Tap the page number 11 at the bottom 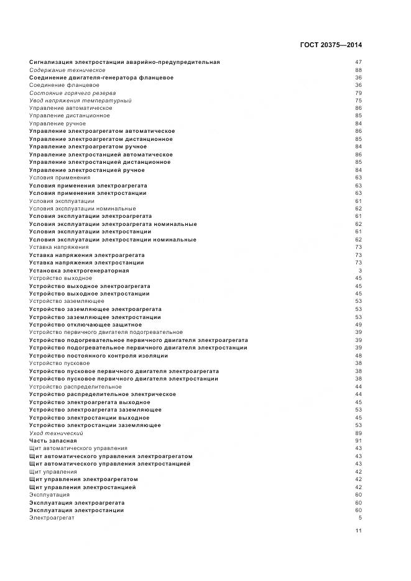[x=358, y=531]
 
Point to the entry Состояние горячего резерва [x=72, y=93]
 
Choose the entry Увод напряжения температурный [x=80, y=101]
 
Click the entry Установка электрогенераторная [x=79, y=271]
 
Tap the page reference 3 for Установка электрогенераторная [x=360, y=271]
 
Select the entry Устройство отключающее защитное [x=85, y=325]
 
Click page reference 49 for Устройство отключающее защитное [x=358, y=325]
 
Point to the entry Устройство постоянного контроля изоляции [x=98, y=356]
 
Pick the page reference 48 [x=358, y=356]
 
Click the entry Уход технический [x=56, y=433]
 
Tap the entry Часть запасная [x=53, y=441]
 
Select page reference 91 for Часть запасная [x=358, y=441]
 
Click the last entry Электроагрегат [x=52, y=518]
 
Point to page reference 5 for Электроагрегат [x=360, y=518]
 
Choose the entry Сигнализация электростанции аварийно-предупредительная [x=124, y=62]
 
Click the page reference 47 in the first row [x=358, y=62]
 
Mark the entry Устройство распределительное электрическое [x=102, y=394]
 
